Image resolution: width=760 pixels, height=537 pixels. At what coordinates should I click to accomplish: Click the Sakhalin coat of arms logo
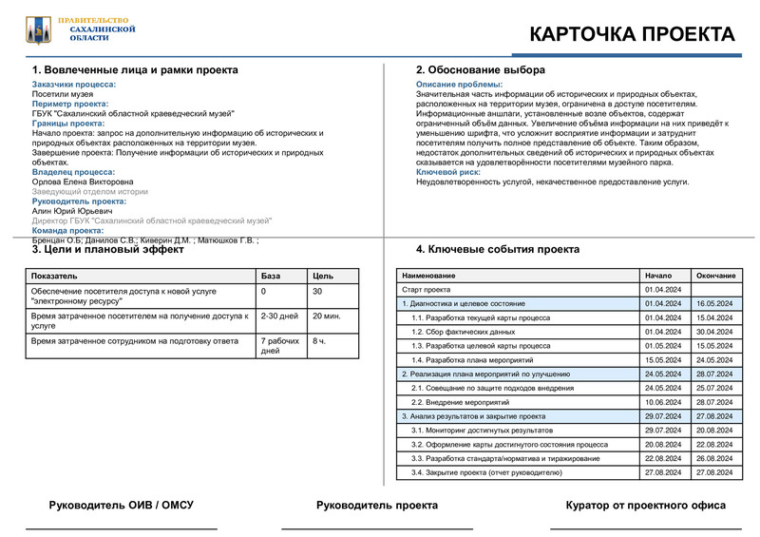click(x=37, y=29)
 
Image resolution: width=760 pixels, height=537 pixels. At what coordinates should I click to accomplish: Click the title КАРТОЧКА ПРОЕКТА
click(x=632, y=34)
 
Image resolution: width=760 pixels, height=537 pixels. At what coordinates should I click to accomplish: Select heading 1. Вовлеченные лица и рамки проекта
click(x=135, y=70)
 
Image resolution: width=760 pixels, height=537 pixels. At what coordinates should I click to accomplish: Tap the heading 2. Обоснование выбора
click(x=481, y=70)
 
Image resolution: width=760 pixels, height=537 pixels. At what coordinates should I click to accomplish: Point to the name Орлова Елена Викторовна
click(x=83, y=182)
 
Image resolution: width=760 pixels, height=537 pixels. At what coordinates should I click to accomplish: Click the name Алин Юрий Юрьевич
click(x=72, y=211)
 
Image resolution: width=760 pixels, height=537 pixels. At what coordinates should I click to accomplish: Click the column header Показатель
click(x=54, y=276)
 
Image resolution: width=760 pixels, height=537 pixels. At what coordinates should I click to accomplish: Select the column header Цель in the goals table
click(x=323, y=276)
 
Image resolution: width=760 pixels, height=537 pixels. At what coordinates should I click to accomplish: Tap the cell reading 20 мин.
click(x=327, y=316)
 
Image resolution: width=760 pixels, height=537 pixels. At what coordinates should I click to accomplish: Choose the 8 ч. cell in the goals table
click(x=319, y=339)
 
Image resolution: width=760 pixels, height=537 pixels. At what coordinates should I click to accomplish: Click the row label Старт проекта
click(x=426, y=289)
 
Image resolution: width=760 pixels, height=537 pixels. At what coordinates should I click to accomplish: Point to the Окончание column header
click(x=715, y=276)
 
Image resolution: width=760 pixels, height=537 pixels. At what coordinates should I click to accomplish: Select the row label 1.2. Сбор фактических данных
click(x=463, y=332)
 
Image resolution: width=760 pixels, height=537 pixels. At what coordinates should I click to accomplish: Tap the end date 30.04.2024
click(x=715, y=332)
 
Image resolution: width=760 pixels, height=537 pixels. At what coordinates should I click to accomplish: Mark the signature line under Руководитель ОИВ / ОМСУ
click(x=121, y=527)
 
